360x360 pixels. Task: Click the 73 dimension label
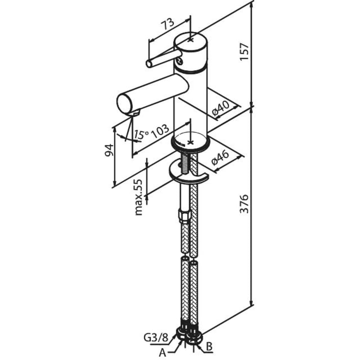tap(168, 24)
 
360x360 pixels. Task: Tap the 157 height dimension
tap(244, 51)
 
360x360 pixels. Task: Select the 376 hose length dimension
tap(244, 204)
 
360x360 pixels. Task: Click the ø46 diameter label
tap(220, 158)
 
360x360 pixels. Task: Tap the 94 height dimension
tap(109, 150)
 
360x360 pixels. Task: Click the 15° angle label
tap(142, 135)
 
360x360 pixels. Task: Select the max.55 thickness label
tap(139, 198)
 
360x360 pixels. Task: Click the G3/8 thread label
tap(156, 338)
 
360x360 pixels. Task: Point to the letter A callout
tap(162, 353)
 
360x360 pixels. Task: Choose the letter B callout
tap(209, 347)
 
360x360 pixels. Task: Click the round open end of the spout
tap(125, 104)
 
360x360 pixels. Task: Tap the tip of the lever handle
tap(149, 63)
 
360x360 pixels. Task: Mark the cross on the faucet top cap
tap(191, 40)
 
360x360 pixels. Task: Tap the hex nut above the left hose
tap(185, 216)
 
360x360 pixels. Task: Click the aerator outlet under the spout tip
tap(136, 113)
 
